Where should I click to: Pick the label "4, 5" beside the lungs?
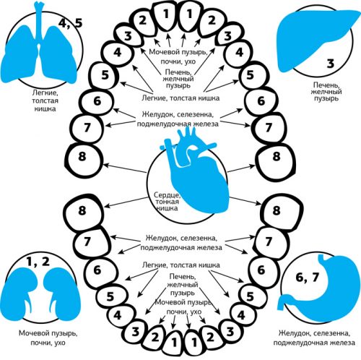click(x=71, y=23)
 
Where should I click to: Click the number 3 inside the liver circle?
click(x=331, y=64)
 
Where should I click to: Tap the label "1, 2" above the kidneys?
click(x=38, y=262)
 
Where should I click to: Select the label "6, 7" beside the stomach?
click(x=308, y=278)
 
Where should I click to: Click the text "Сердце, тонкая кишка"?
click(x=167, y=202)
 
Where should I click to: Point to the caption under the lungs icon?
click(x=45, y=100)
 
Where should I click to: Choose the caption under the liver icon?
click(x=326, y=92)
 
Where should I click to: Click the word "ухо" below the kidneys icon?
click(x=58, y=343)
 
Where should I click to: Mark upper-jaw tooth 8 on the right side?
click(x=276, y=162)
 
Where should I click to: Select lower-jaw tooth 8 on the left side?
click(x=84, y=212)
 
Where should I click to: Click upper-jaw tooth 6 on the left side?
click(x=97, y=101)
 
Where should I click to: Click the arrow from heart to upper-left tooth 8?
click(x=125, y=168)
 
